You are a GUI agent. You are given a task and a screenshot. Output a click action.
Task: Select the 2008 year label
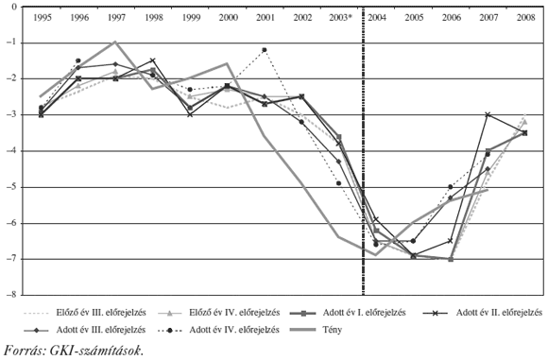524,18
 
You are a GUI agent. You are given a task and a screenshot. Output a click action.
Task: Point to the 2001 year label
265,18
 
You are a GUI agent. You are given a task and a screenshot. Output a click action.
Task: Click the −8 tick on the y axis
11,295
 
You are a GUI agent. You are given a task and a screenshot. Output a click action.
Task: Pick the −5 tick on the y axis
11,187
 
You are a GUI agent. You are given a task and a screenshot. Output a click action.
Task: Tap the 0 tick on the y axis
13,7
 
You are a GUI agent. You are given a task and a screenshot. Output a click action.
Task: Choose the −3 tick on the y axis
11,114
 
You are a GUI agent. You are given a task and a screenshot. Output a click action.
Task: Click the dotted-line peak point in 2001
265,49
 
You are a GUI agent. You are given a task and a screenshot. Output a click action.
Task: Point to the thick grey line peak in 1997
115,42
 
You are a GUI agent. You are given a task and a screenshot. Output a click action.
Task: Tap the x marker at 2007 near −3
488,114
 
